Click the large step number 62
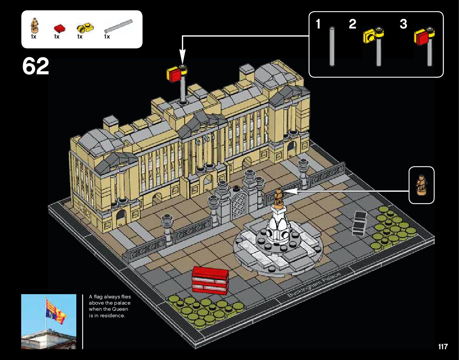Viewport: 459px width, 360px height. tap(35, 67)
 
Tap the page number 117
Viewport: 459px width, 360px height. tap(443, 347)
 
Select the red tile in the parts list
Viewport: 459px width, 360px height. tap(59, 28)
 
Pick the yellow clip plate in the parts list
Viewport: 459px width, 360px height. tap(84, 28)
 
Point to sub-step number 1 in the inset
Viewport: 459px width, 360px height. tap(318, 24)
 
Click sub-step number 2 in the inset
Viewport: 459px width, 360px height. tap(352, 24)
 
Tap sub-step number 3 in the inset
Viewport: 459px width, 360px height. tap(403, 24)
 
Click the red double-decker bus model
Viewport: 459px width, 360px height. tap(210, 280)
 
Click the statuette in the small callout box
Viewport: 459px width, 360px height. tap(421, 185)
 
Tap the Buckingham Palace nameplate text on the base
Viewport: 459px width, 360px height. tap(314, 285)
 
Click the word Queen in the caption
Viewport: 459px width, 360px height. tap(120, 309)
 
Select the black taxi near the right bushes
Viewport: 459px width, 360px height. tap(359, 223)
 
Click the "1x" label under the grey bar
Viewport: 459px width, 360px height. tap(107, 37)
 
